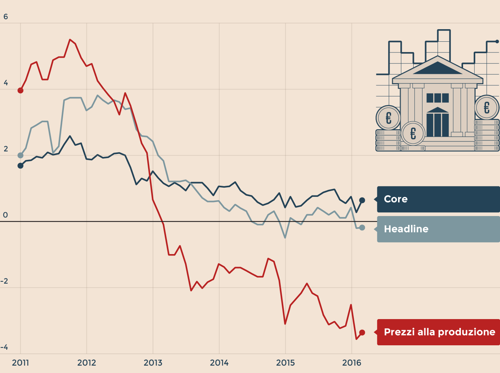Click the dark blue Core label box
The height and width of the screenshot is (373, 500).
[x=438, y=199]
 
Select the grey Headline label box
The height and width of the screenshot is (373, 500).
[x=438, y=229]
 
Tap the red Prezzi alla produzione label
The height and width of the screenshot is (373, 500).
[x=438, y=332]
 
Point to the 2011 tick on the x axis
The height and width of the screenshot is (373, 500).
[x=20, y=363]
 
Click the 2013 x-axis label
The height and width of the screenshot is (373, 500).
[x=153, y=363]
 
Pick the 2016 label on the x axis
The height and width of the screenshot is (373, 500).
[x=352, y=363]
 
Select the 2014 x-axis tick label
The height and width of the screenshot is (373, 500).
[x=219, y=363]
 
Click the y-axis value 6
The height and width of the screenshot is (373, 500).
[x=6, y=17]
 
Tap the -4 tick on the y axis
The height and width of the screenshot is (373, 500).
[x=4, y=347]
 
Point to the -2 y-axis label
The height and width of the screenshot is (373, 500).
[x=4, y=281]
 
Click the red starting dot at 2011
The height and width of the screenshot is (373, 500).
[x=20, y=90]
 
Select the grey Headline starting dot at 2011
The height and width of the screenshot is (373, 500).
[x=20, y=155]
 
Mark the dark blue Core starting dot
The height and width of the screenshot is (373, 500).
[x=20, y=166]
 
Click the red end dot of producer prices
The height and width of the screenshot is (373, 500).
[x=362, y=333]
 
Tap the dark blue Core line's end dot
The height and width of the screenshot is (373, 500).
[x=362, y=200]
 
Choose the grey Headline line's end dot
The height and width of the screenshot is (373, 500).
[x=362, y=227]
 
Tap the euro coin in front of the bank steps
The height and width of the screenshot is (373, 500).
[x=413, y=133]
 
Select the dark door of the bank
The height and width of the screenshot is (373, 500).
[x=438, y=125]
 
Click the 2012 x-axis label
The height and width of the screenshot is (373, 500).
[x=86, y=363]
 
